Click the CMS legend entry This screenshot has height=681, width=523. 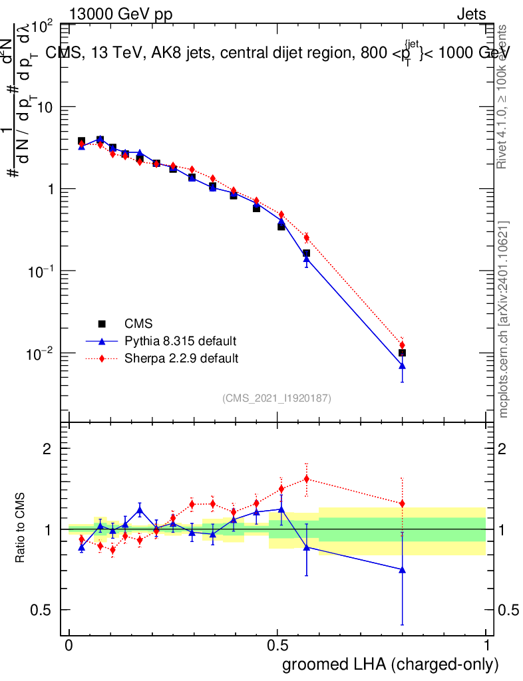coord(138,324)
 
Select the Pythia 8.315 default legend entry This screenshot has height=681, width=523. coord(180,341)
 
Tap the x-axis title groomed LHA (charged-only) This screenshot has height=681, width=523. coord(391,664)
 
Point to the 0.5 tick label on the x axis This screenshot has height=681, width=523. coord(277,646)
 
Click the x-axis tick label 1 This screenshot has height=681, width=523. coord(486,646)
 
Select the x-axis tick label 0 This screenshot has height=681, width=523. coord(69,646)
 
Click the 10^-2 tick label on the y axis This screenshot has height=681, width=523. coord(39,352)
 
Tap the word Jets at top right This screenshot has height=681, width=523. coord(471,14)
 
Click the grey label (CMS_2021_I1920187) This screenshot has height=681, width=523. coord(277,398)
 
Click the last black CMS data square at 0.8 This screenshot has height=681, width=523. coord(402,352)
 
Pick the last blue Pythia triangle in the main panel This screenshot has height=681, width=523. coord(402,366)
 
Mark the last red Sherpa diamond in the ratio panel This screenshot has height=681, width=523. coord(402,503)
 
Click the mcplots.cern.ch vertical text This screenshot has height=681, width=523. coord(504,319)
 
